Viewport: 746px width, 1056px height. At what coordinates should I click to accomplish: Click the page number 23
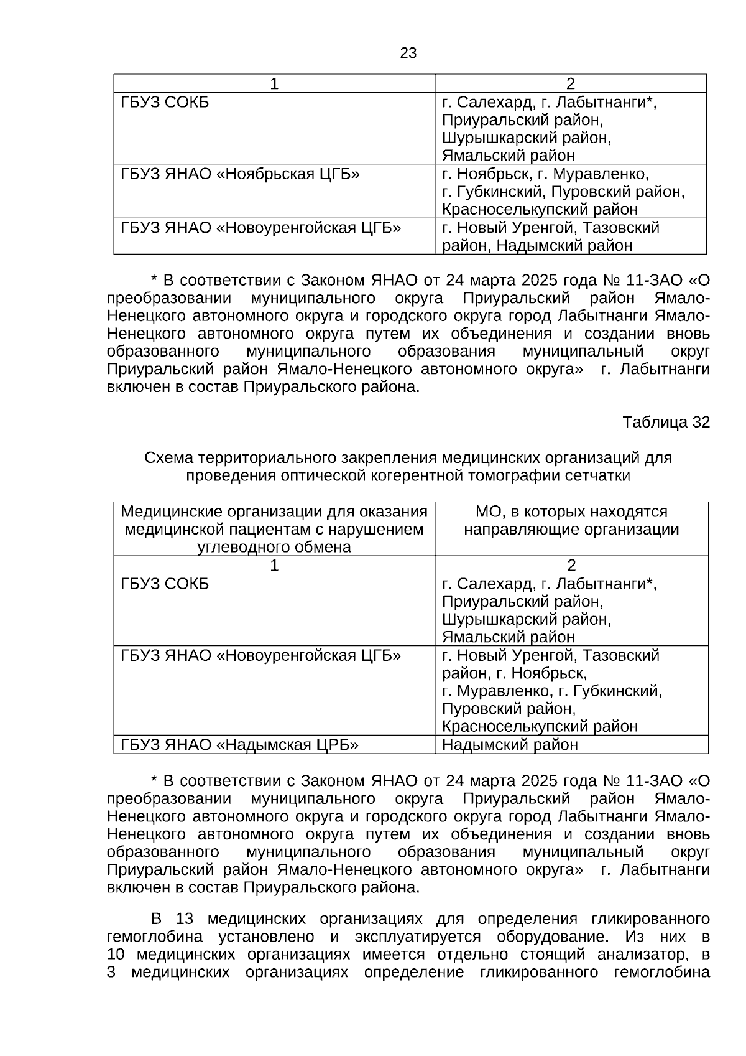[408, 53]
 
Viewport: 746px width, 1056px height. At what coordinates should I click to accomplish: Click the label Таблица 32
[665, 423]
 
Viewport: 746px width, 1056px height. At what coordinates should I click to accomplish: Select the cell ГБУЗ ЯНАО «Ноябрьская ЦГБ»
[240, 174]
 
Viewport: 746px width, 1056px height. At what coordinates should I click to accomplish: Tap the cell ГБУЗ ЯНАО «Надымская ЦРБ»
[239, 745]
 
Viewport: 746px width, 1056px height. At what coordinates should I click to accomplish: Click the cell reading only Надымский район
[510, 745]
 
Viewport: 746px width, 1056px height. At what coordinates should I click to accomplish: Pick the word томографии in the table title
[526, 476]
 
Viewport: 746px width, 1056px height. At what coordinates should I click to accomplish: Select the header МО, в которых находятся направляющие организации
[571, 521]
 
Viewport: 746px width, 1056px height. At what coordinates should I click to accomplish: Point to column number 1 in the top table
[274, 84]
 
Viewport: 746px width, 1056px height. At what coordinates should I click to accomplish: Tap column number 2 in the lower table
[571, 566]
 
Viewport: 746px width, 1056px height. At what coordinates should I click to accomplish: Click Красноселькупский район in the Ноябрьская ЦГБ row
[540, 210]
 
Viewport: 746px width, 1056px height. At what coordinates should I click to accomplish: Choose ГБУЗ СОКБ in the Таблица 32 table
[165, 584]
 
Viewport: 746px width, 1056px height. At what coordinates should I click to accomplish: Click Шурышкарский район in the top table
[527, 138]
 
